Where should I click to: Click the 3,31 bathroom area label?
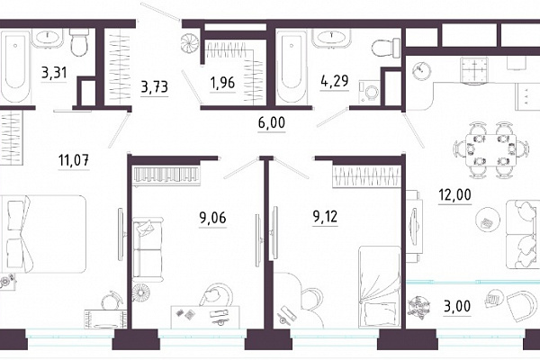pos(54,73)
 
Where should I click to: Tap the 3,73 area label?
pos(155,86)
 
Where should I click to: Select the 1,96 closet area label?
pos(223,83)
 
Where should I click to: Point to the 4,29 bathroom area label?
pos(335,81)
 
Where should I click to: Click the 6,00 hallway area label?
pos(272,122)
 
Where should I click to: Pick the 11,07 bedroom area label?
pos(74,160)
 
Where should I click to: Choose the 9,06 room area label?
pos(212,218)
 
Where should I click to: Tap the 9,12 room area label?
pos(325,217)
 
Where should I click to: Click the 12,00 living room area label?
pos(454,194)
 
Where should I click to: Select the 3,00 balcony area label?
pos(457,306)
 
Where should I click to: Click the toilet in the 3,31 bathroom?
pos(79,41)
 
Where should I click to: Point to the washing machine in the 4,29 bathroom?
pos(369,92)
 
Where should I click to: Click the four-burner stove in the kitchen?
pos(475,70)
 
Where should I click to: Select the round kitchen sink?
pos(420,70)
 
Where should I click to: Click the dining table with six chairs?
pos(490,150)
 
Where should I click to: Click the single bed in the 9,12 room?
pos(380,287)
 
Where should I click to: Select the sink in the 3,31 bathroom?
pos(48,37)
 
